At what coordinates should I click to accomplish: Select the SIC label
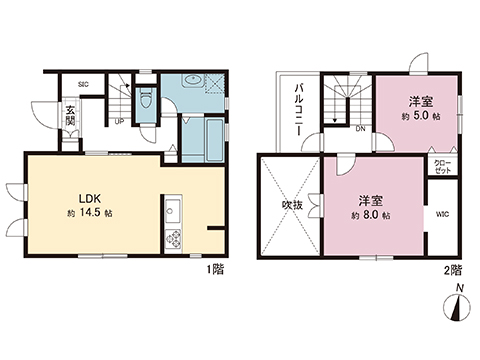pyautogui.click(x=83, y=84)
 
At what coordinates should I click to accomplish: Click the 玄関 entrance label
pyautogui.click(x=71, y=116)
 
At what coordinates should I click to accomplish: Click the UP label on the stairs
pyautogui.click(x=119, y=122)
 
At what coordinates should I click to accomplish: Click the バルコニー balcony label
pyautogui.click(x=299, y=110)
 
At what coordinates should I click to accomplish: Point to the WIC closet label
pyautogui.click(x=442, y=212)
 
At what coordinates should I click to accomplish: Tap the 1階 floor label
pyautogui.click(x=215, y=268)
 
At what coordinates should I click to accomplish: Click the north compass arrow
pyautogui.click(x=458, y=305)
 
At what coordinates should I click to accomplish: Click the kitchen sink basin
pyautogui.click(x=170, y=212)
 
